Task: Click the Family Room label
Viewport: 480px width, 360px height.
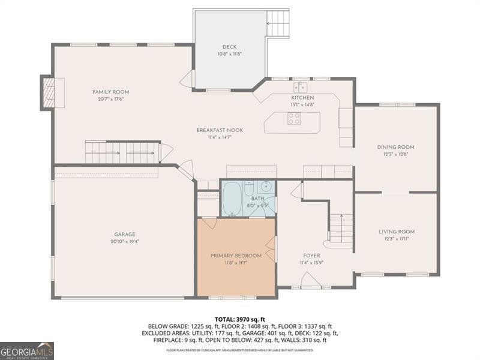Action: (110, 92)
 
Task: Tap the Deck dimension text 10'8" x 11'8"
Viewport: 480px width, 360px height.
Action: (229, 54)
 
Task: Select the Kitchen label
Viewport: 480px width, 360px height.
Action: (302, 98)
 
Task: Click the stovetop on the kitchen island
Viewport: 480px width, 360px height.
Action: (294, 119)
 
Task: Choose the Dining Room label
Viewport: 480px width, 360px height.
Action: (395, 147)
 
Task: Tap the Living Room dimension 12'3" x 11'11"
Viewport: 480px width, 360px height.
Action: (397, 238)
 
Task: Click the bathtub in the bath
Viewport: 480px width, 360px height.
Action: (233, 198)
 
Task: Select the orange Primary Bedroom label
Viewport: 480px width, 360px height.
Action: (236, 256)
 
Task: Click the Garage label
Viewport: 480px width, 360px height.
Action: (125, 234)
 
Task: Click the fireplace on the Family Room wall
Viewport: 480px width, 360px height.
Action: (48, 92)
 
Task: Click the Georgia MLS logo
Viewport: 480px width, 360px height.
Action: (27, 350)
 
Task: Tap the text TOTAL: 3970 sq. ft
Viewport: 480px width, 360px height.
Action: (239, 319)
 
